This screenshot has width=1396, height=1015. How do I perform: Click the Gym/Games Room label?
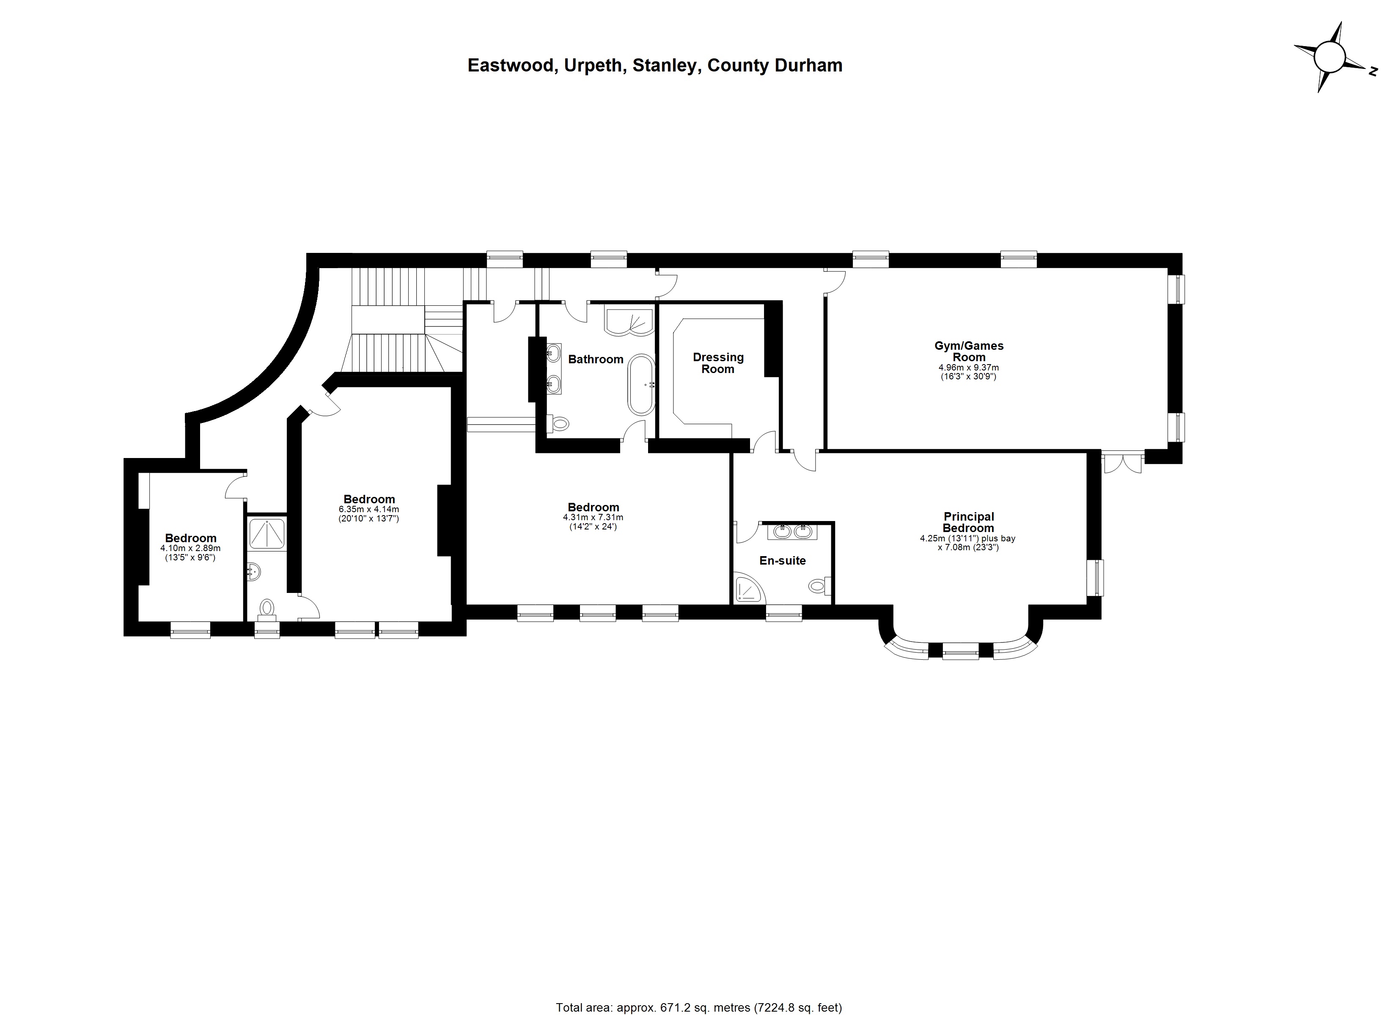click(x=968, y=351)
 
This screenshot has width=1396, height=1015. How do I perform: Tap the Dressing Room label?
click(x=718, y=363)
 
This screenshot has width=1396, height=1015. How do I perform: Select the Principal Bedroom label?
click(x=968, y=523)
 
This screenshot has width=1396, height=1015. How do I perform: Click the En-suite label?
click(x=782, y=561)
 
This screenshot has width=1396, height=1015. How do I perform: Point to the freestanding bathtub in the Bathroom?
click(x=641, y=385)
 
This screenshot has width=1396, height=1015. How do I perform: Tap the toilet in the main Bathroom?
click(x=559, y=423)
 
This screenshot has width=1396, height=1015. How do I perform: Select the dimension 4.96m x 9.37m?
click(x=968, y=368)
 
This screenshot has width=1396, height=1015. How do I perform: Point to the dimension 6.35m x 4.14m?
click(x=369, y=510)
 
